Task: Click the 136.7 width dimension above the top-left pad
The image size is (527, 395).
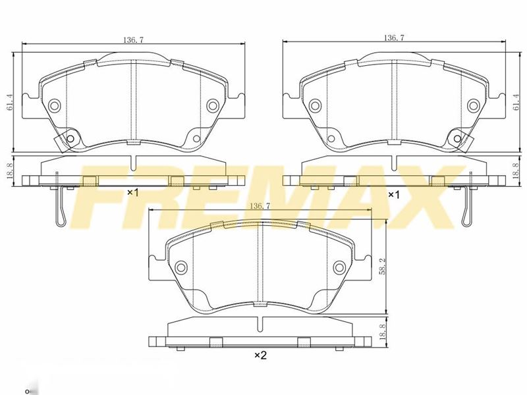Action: pyautogui.click(x=134, y=39)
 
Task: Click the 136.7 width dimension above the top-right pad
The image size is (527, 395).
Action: pyautogui.click(x=394, y=38)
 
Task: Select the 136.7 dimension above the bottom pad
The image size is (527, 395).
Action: pyautogui.click(x=260, y=206)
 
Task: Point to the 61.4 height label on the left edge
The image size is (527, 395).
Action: pyautogui.click(x=10, y=102)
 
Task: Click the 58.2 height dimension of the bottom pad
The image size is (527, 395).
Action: pyautogui.click(x=382, y=267)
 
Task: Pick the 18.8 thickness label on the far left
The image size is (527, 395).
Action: pyautogui.click(x=10, y=171)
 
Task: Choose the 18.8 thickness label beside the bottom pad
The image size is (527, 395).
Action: pyautogui.click(x=382, y=330)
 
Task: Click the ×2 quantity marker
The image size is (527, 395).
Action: pyautogui.click(x=260, y=355)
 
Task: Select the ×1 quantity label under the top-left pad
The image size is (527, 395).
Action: pyautogui.click(x=133, y=193)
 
